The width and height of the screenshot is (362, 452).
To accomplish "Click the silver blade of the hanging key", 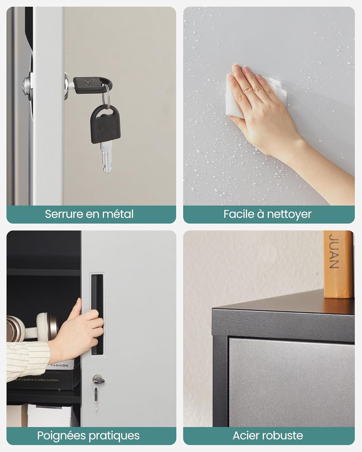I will pos(106,157).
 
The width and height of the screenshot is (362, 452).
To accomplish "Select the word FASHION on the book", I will pos(59,366).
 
